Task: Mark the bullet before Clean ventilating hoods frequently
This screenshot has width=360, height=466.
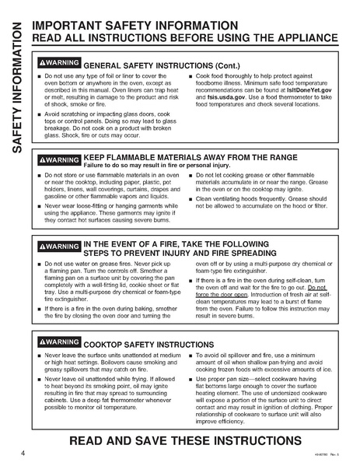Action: coord(190,199)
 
